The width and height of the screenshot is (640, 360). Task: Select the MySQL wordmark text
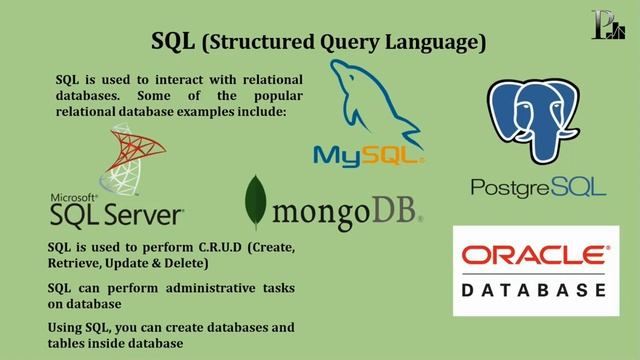coord(368,155)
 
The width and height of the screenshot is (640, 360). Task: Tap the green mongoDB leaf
coord(258,201)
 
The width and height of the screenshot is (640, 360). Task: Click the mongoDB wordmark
coord(346,211)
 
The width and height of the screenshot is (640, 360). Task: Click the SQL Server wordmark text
coord(116,213)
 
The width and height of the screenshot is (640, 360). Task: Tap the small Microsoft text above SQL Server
coord(73,197)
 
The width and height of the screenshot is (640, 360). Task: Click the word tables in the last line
coord(69,344)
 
